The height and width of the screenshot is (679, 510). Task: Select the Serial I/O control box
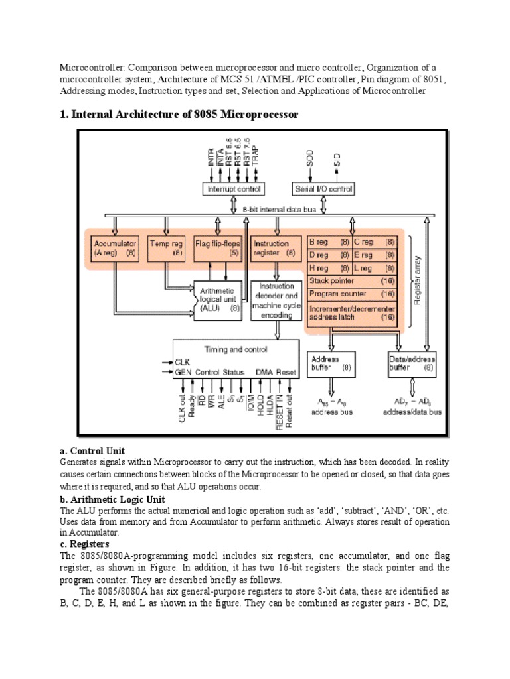coord(323,190)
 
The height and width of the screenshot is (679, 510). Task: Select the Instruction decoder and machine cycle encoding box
coord(276,300)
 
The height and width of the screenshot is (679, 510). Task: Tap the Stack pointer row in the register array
coord(353,281)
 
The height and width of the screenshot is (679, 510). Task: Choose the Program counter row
coord(353,294)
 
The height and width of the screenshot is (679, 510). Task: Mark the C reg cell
coord(375,242)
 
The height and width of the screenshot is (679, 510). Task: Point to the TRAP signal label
coord(256,157)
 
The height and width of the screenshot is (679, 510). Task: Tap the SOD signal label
coord(309,159)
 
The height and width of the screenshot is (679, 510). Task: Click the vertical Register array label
coord(417,281)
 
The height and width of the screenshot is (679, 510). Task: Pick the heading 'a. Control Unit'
coord(93,451)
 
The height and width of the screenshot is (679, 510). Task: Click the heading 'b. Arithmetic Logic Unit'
coord(112,499)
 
